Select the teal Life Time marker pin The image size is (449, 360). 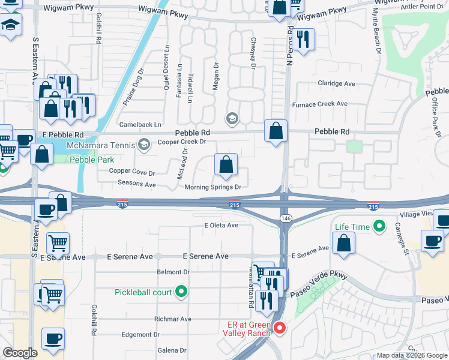[379, 226]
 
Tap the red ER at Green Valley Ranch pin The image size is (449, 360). [280, 328]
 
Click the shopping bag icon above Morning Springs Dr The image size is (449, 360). [226, 164]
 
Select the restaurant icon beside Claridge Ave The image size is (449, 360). [304, 40]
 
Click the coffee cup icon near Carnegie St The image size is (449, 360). [432, 241]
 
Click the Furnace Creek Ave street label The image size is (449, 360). [319, 104]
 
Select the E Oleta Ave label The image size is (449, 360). [221, 225]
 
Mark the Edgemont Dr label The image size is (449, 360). [140, 334]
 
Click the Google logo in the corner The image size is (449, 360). [20, 352]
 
